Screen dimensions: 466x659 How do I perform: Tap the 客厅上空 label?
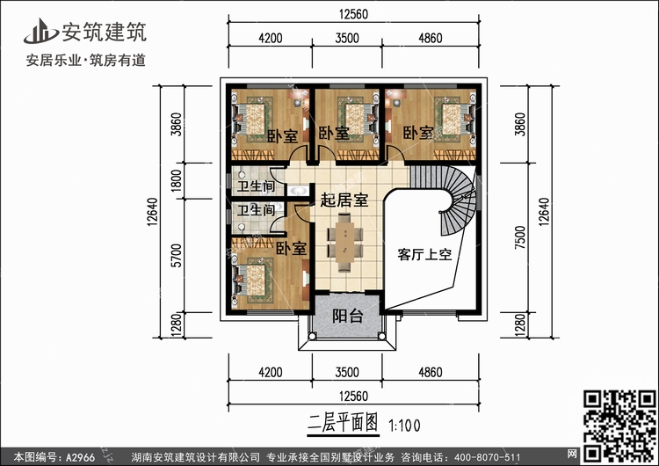[424, 256]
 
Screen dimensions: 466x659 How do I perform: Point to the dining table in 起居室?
[344, 242]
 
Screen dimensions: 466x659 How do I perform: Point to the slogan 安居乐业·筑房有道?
[86, 61]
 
